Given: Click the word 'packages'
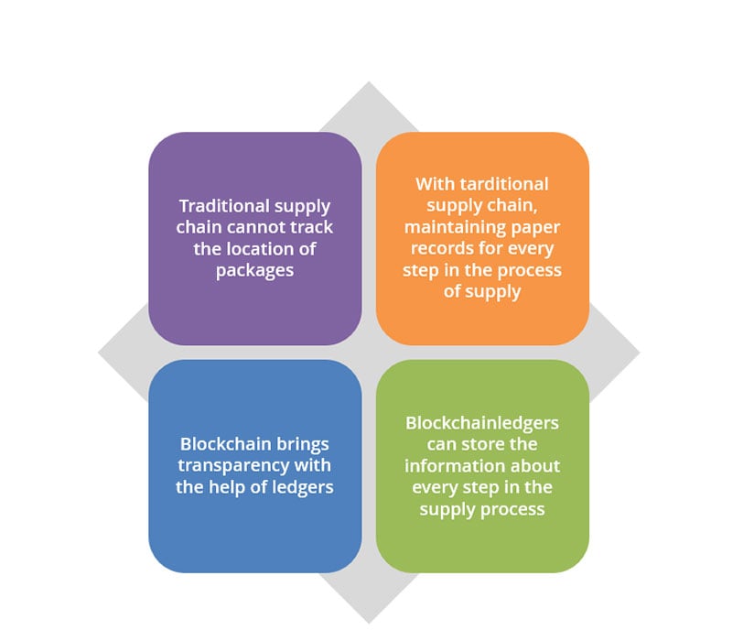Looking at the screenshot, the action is (255, 271).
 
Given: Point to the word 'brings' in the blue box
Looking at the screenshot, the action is (307, 444).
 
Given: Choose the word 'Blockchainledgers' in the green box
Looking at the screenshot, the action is (482, 423).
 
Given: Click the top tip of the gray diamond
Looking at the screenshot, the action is (369, 81).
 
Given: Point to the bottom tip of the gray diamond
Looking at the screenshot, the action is (369, 624).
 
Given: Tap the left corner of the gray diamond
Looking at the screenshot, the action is (98, 353).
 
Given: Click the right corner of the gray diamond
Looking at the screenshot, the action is (640, 353).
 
